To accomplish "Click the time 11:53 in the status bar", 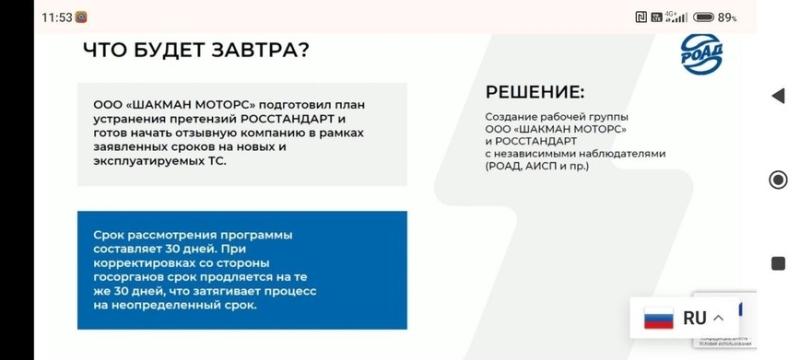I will [x=57, y=16].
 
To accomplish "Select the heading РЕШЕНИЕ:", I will [x=534, y=92].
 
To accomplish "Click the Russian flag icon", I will [x=658, y=319].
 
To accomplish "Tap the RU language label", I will [x=694, y=318].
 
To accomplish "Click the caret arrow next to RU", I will [x=718, y=318].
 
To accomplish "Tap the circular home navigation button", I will [x=777, y=180].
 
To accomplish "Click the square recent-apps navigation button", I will [x=777, y=263].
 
